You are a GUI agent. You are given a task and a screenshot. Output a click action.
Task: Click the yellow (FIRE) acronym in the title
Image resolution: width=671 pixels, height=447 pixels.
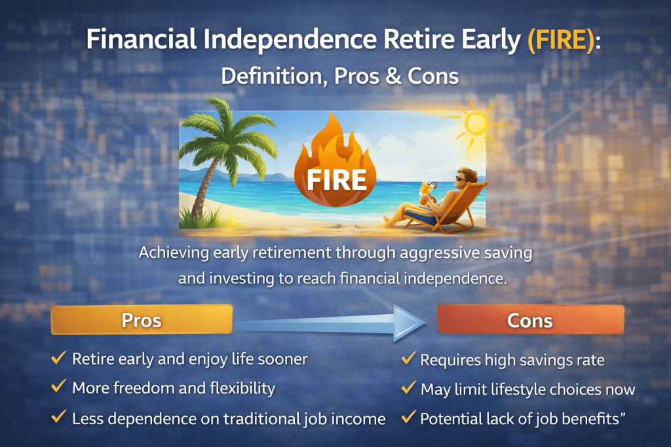pyautogui.click(x=561, y=40)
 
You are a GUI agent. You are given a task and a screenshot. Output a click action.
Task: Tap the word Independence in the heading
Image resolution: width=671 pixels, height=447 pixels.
pyautogui.click(x=290, y=39)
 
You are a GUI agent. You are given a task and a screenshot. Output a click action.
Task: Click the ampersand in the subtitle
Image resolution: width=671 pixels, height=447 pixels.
pyautogui.click(x=393, y=76)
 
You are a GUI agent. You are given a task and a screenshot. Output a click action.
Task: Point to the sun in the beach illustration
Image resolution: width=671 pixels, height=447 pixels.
pyautogui.click(x=476, y=124)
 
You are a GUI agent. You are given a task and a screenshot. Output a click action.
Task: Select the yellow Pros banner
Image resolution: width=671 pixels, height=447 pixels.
pyautogui.click(x=142, y=319)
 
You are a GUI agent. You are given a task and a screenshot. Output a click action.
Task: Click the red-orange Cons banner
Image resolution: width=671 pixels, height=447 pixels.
pyautogui.click(x=530, y=319)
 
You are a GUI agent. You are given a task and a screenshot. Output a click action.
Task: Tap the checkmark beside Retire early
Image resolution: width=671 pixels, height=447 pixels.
pyautogui.click(x=58, y=357)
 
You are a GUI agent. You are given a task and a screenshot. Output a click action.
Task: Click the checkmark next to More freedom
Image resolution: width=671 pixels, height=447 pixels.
pyautogui.click(x=58, y=386)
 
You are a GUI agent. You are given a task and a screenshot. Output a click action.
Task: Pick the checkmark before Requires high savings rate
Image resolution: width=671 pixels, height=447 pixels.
pyautogui.click(x=409, y=358)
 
